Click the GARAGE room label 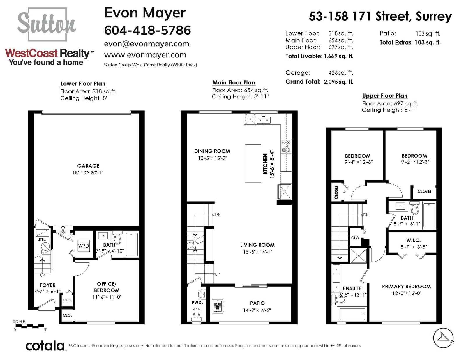[88, 166]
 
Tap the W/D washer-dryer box [84, 246]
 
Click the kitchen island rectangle [253, 163]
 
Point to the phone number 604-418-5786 [148, 30]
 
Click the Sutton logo [47, 24]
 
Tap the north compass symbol [443, 338]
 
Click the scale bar [30, 326]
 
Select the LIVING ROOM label [257, 245]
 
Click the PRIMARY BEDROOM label [406, 286]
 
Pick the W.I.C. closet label [413, 240]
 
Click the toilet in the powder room [196, 315]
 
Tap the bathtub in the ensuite [352, 314]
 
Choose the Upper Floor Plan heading [385, 96]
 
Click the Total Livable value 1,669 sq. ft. [338, 57]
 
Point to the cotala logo [45, 346]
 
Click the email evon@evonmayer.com [147, 44]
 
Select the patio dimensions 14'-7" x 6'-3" [257, 310]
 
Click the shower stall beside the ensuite [359, 256]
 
